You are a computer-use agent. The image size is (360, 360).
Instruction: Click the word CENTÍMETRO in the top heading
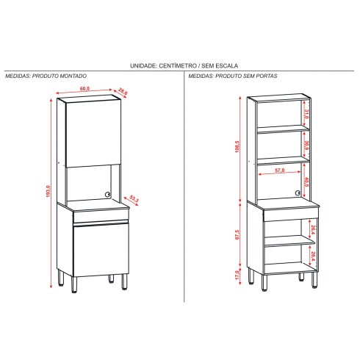point(179,65)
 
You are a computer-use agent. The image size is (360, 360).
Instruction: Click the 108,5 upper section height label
point(237,147)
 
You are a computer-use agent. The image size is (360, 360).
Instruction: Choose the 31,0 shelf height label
point(307,114)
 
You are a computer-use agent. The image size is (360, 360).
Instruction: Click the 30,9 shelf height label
point(307,146)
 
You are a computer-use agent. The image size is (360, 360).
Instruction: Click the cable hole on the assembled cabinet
point(107,195)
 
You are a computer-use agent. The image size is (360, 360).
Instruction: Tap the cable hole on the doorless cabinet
point(298,193)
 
